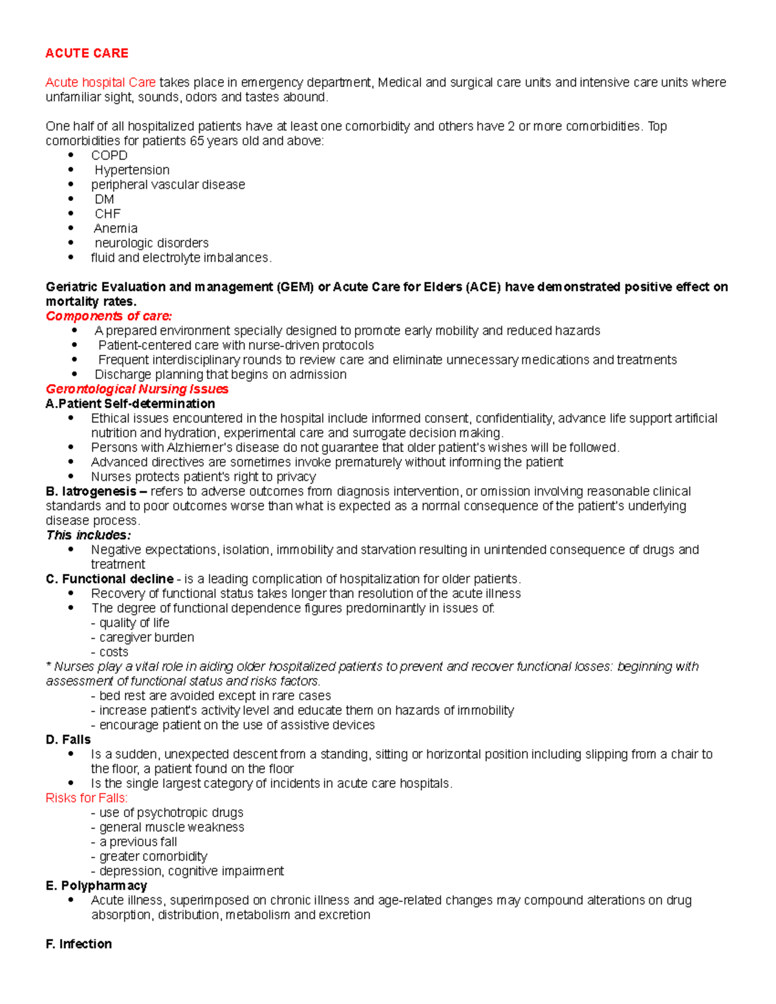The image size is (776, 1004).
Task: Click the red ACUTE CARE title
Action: tap(87, 53)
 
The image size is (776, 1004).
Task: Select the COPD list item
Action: tap(109, 155)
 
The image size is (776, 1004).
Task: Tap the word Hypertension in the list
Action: tap(132, 170)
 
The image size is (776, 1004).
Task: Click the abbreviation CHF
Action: tap(107, 214)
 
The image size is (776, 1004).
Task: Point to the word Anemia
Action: tap(115, 228)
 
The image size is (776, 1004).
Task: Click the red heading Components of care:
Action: tap(109, 316)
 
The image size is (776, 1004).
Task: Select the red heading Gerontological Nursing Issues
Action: tap(137, 389)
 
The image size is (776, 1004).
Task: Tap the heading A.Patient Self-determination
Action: tap(130, 403)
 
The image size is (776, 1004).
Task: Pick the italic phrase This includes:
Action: tap(88, 535)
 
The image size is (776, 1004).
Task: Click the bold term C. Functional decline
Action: tap(109, 579)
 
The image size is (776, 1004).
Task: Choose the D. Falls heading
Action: tap(68, 740)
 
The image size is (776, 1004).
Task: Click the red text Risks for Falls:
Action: tap(87, 798)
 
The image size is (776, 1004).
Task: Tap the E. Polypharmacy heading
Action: tap(96, 886)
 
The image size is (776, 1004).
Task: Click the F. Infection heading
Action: tap(78, 944)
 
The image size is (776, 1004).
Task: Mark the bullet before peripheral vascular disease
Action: tap(71, 184)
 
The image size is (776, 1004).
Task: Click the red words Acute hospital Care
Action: tap(100, 82)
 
